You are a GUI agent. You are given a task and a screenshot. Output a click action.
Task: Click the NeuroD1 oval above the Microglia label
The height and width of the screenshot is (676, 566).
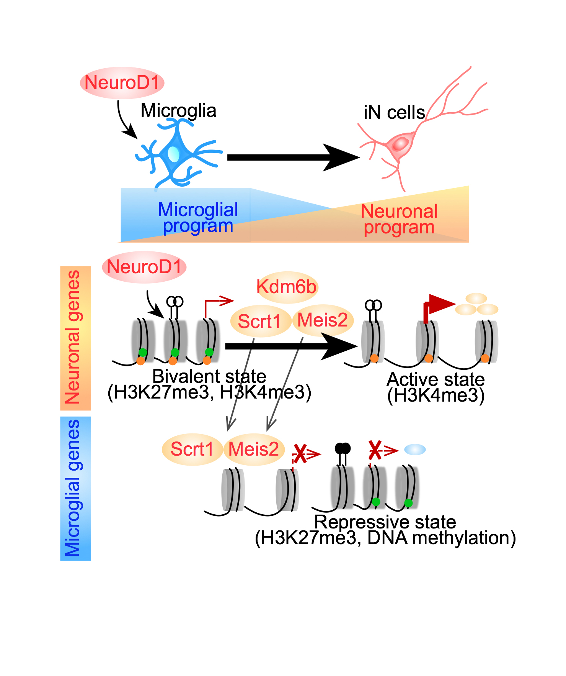[x=122, y=83]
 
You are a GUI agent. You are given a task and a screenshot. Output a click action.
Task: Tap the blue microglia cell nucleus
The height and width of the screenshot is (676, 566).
[x=173, y=154]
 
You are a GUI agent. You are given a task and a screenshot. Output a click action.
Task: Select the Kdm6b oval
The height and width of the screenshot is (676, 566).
[x=287, y=287]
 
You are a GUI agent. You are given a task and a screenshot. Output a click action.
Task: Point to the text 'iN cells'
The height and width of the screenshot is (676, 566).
[x=394, y=113]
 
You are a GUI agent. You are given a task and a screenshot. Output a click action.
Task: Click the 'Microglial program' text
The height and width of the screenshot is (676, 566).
[x=198, y=218]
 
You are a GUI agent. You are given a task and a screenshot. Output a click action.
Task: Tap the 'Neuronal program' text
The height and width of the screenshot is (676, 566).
[x=399, y=219]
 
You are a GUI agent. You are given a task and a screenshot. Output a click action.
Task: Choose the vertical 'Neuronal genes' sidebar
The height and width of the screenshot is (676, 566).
[x=75, y=338]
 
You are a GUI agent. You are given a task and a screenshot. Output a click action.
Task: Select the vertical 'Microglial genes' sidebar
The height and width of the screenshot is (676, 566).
[x=75, y=488]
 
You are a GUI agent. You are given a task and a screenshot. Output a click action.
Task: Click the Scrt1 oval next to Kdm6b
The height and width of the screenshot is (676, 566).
[x=259, y=321]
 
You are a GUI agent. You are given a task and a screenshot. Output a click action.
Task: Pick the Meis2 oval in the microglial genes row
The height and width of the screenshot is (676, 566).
[x=254, y=449]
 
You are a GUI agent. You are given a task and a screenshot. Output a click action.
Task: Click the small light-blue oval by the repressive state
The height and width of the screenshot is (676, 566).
[x=415, y=449]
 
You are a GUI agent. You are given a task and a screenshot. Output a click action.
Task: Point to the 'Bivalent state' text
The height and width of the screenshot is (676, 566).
[x=209, y=376]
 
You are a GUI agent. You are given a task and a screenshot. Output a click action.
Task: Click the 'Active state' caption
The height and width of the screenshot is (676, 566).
[x=436, y=379]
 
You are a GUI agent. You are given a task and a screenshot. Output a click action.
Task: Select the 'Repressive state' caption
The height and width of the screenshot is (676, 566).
[x=385, y=522]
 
